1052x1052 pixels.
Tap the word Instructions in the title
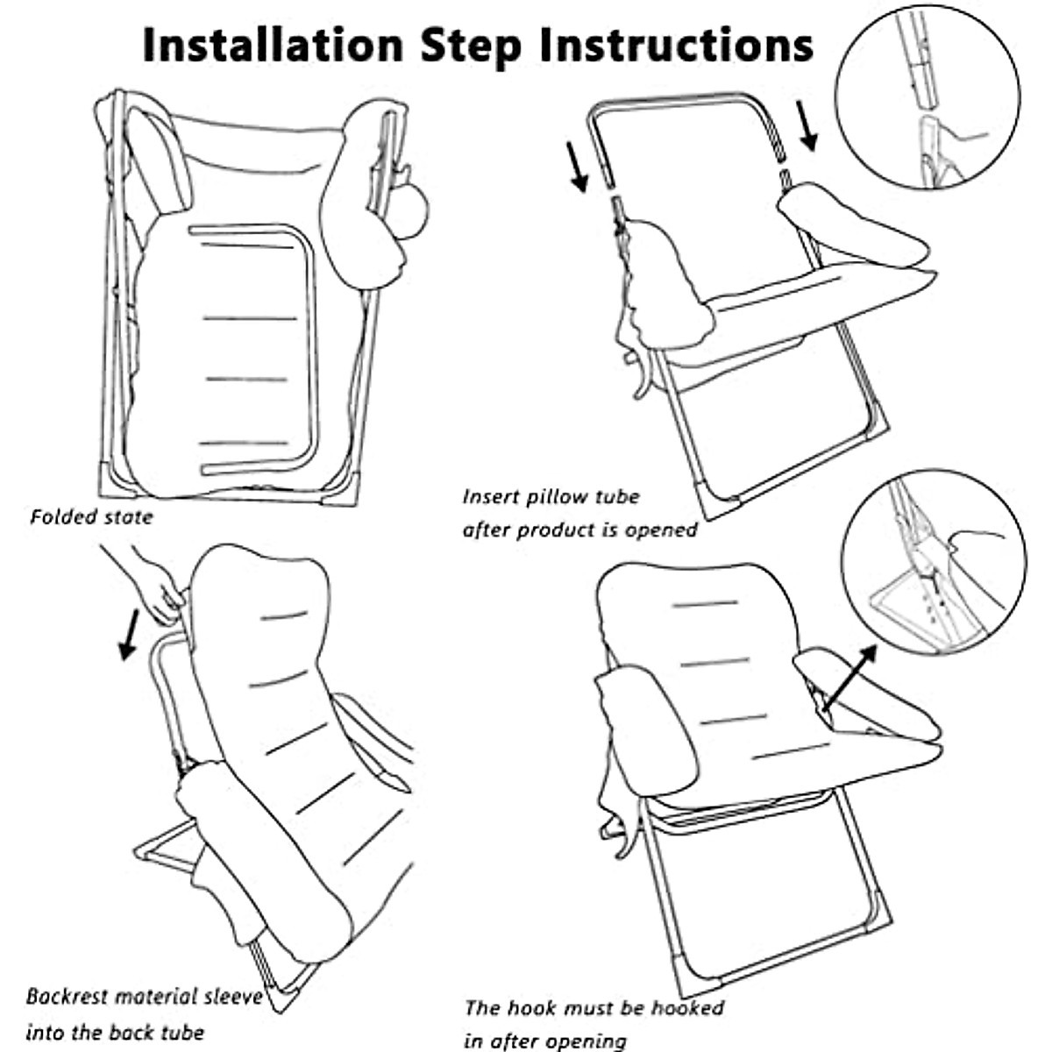(675, 44)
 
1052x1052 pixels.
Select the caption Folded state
(91, 516)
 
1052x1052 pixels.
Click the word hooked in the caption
(680, 1007)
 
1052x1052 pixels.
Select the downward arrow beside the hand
(129, 634)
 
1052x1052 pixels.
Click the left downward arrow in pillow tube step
(578, 166)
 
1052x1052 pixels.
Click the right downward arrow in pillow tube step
(807, 125)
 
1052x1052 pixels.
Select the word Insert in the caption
(492, 497)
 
